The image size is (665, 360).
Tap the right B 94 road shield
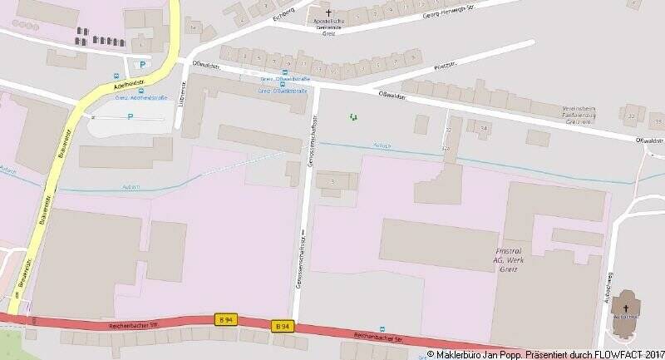(x=282, y=325)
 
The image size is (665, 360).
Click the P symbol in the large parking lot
(x=130, y=116)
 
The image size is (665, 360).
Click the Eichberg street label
(x=283, y=11)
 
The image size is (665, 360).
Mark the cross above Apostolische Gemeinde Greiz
(x=328, y=13)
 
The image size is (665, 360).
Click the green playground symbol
(x=353, y=117)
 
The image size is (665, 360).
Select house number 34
(x=483, y=128)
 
